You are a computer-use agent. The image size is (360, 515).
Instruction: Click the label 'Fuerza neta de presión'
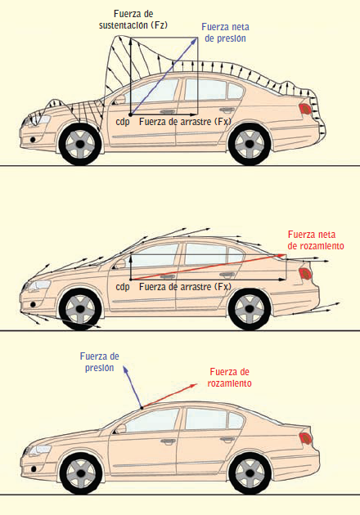coord(225,33)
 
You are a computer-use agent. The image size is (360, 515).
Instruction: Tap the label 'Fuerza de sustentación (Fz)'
coord(133,20)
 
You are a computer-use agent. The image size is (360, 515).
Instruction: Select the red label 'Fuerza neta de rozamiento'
coord(316,240)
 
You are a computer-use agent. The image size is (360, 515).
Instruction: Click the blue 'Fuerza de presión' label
coord(99,362)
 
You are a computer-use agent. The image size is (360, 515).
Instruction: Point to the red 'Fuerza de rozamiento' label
coord(229,378)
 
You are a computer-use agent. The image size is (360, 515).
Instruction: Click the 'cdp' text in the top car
coord(123,122)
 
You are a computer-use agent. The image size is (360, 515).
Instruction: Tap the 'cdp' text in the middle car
coord(123,287)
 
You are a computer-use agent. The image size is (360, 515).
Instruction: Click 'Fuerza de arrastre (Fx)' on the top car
coord(185,122)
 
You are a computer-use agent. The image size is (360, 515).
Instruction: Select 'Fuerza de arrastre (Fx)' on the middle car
coord(185,287)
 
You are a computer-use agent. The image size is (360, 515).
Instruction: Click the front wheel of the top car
coord(80,144)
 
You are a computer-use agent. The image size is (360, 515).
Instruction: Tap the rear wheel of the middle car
coord(250,309)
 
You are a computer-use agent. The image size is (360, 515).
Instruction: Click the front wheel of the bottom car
coord(81,473)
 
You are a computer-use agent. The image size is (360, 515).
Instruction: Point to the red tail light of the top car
coord(305,109)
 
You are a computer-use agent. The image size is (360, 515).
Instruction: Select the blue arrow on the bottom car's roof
coord(133,387)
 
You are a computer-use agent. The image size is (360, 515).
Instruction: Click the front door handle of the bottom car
coord(168,441)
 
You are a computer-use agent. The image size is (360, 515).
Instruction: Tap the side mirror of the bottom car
coord(120,429)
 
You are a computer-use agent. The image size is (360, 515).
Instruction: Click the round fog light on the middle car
coord(33,304)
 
